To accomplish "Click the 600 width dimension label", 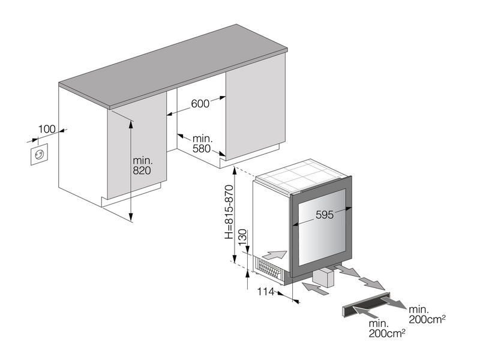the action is pyautogui.click(x=200, y=104).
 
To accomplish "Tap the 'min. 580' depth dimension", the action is pyautogui.click(x=202, y=143).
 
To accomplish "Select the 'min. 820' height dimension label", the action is pyautogui.click(x=142, y=166).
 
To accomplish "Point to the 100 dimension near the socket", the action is pyautogui.click(x=47, y=129).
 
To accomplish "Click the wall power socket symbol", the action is pyautogui.click(x=39, y=154).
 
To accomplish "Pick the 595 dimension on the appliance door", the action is pyautogui.click(x=325, y=215).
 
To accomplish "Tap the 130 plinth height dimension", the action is pyautogui.click(x=242, y=237).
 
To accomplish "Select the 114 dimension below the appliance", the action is pyautogui.click(x=266, y=292).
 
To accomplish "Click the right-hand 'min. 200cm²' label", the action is pyautogui.click(x=427, y=314).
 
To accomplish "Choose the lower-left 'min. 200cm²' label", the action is pyautogui.click(x=387, y=328).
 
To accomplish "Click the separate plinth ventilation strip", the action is pyautogui.click(x=366, y=305).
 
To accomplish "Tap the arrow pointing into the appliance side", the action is pyautogui.click(x=275, y=254).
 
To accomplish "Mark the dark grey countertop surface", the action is pyautogui.click(x=173, y=67).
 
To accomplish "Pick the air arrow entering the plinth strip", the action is pyautogui.click(x=365, y=313).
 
